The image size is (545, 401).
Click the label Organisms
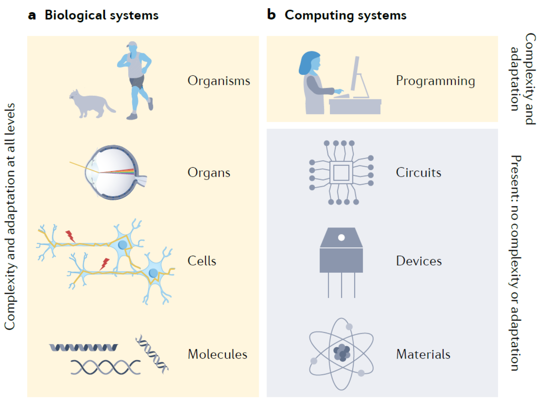tap(219, 81)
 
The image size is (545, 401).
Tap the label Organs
tap(209, 173)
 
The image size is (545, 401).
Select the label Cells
tap(202, 261)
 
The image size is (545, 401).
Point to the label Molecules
tap(217, 354)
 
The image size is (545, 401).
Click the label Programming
tap(435, 81)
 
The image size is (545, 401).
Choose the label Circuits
tap(418, 173)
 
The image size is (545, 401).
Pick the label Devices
tap(419, 261)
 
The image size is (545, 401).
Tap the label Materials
tap(423, 354)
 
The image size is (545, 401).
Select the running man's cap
tap(132, 44)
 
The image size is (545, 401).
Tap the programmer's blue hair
tap(308, 62)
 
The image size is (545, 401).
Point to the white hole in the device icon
tap(341, 237)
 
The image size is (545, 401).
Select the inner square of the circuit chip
tap(341, 173)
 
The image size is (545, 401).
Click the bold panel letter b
tap(271, 15)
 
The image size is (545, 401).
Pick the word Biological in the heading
tap(75, 15)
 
